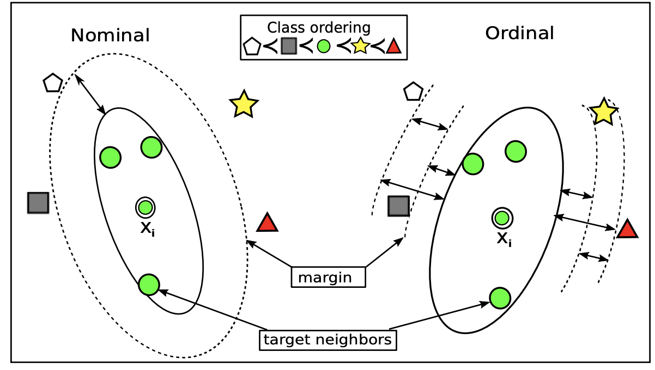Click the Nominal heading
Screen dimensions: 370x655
click(x=110, y=36)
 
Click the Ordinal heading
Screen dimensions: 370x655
click(x=519, y=34)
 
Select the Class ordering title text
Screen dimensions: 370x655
click(x=319, y=28)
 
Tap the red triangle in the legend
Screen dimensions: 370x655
click(x=393, y=47)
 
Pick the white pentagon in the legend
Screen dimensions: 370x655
click(x=251, y=47)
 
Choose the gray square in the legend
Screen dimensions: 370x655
click(x=288, y=47)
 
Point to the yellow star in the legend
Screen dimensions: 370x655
click(x=360, y=47)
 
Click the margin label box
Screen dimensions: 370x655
click(x=328, y=277)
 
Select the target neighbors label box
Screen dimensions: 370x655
click(x=327, y=340)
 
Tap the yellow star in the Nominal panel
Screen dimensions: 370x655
click(x=244, y=104)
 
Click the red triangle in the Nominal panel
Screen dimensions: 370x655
click(x=267, y=223)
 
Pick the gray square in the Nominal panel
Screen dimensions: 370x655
click(x=38, y=202)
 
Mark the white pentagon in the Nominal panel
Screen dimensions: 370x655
click(x=53, y=83)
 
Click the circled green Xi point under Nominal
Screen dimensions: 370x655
click(x=145, y=207)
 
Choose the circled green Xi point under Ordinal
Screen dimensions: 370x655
click(x=502, y=218)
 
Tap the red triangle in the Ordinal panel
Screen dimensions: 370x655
click(x=627, y=230)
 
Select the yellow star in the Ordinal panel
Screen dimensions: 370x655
click(x=604, y=112)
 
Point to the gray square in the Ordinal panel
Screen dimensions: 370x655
click(x=398, y=206)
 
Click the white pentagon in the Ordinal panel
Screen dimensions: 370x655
click(x=413, y=92)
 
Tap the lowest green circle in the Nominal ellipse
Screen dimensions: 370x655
click(x=149, y=284)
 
